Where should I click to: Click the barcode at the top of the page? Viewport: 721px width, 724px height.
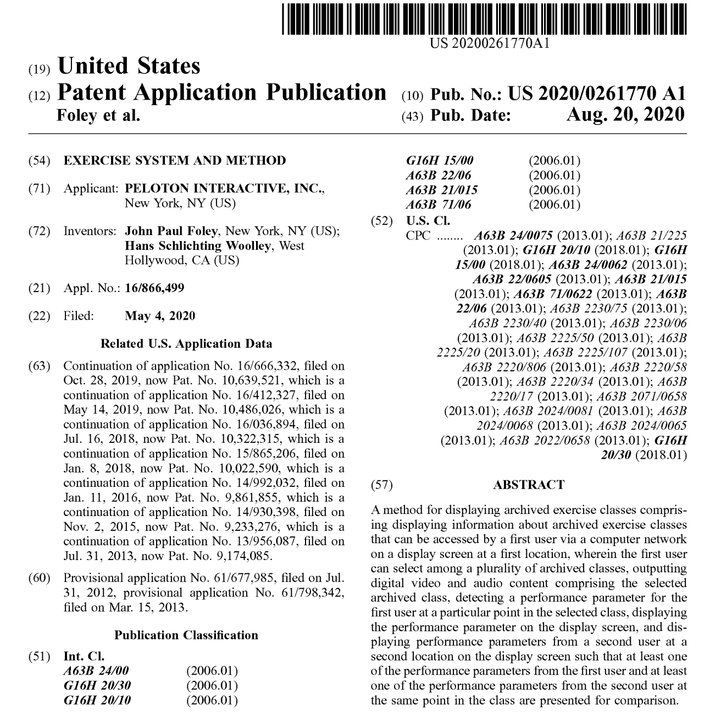(484, 19)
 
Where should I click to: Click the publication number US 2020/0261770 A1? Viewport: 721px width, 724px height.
(597, 94)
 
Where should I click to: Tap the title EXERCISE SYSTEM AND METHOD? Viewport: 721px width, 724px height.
(175, 161)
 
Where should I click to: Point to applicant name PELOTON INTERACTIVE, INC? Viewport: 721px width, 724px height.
(224, 188)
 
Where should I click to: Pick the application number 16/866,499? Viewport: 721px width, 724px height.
(154, 288)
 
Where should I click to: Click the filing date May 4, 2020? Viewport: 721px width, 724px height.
(160, 316)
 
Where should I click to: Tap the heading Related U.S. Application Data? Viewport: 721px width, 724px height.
(186, 344)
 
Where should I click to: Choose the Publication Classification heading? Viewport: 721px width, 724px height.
(186, 635)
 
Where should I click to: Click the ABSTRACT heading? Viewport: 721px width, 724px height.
(528, 485)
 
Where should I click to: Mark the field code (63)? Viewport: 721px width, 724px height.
(40, 366)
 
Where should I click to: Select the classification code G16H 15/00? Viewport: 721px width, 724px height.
(439, 161)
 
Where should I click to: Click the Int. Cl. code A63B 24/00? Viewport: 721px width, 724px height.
(96, 671)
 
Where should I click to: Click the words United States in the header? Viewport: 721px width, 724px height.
(129, 66)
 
